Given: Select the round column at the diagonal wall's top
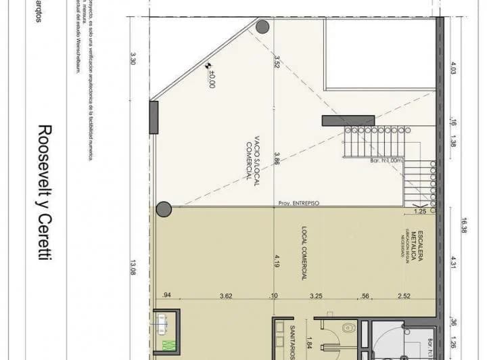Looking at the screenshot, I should tap(262, 27).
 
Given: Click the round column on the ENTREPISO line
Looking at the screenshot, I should tap(164, 209).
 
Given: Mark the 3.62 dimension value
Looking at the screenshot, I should tap(227, 296).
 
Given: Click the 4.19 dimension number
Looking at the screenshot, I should tap(277, 261).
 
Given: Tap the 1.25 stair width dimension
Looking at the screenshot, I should tap(419, 212).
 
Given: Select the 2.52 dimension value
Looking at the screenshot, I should tap(404, 296).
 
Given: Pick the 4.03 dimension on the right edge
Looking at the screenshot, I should tap(454, 69).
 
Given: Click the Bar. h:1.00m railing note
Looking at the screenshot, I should tap(387, 160).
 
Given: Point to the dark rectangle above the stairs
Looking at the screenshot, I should tap(348, 120).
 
